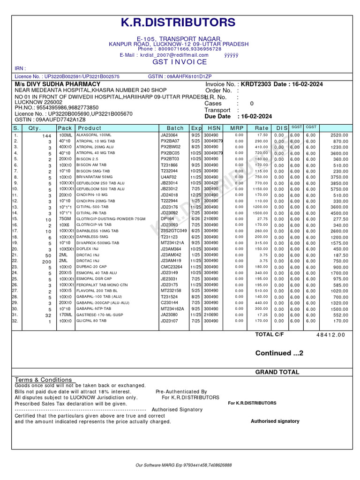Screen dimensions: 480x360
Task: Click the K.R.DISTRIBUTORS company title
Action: [179, 22]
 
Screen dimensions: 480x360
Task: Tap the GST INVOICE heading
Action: [179, 62]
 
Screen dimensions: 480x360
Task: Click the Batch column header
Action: [175, 128]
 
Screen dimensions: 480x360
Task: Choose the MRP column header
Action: [237, 128]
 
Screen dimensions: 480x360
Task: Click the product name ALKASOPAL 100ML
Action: [93, 135]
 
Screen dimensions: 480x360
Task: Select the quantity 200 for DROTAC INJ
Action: [46, 262]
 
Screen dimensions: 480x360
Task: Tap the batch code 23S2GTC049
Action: [173, 231]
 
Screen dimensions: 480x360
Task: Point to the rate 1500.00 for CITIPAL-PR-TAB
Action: [261, 213]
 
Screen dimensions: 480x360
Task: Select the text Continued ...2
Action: [279, 353]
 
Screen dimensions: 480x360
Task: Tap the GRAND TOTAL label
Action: [277, 372]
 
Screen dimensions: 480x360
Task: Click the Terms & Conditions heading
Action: [44, 380]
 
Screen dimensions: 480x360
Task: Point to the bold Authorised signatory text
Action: [275, 421]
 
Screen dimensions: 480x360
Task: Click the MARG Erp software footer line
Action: [183, 465]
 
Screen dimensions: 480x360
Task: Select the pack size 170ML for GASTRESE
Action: [65, 315]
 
